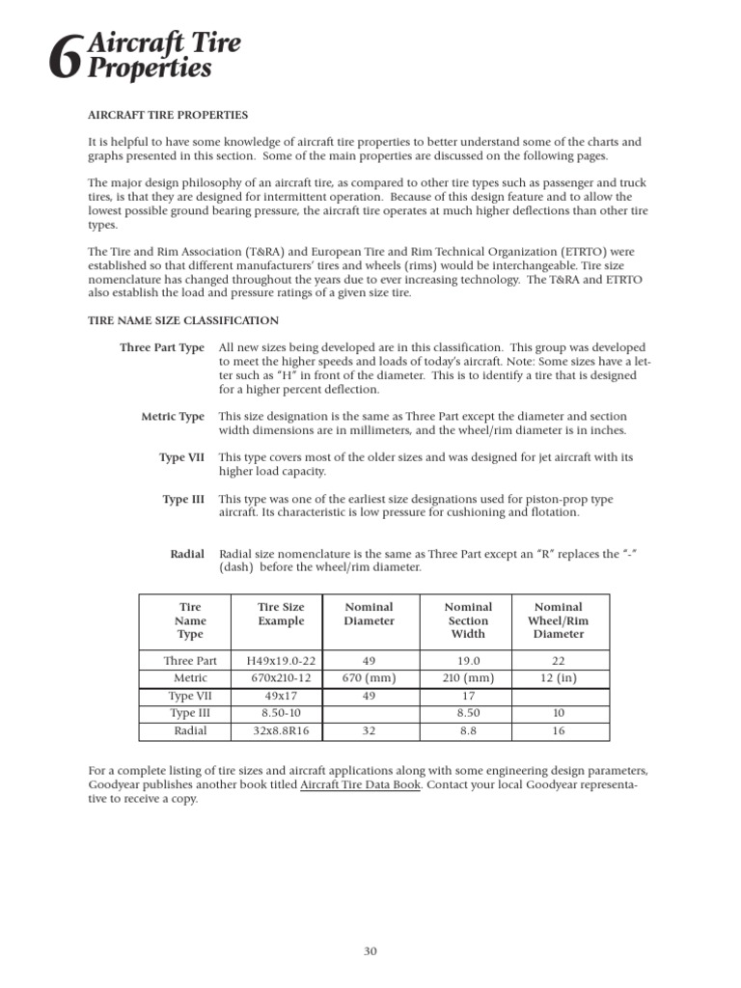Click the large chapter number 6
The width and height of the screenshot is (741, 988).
(64, 61)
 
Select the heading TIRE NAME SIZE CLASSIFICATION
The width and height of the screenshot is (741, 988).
(183, 320)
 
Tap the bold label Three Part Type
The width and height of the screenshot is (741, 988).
(162, 347)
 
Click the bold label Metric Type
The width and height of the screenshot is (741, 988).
(173, 417)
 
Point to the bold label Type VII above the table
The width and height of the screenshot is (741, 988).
(181, 457)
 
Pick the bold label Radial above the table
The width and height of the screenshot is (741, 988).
(187, 554)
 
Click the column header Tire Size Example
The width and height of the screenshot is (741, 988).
(281, 614)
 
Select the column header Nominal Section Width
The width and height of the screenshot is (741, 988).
(468, 620)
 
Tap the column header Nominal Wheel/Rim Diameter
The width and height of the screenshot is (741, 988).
(559, 620)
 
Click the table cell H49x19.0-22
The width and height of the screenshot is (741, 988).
(281, 661)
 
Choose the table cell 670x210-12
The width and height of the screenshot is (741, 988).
(281, 678)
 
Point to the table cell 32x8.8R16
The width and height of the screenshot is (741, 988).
(281, 731)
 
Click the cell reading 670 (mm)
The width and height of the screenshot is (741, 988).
(370, 678)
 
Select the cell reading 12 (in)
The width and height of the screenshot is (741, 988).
(559, 678)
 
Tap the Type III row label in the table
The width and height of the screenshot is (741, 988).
(191, 714)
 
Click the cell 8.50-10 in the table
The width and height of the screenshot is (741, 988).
(281, 714)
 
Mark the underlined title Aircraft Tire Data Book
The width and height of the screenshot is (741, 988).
(360, 785)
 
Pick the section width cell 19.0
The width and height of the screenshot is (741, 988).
(468, 661)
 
